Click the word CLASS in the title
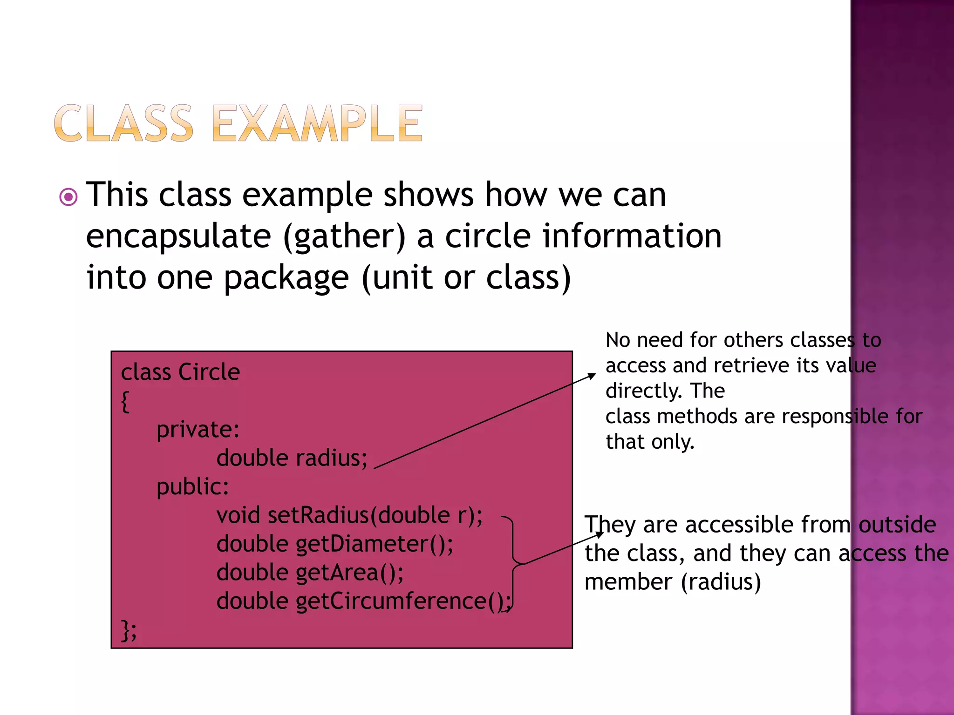click(x=123, y=123)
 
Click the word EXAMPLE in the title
click(x=318, y=123)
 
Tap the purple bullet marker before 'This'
click(x=68, y=197)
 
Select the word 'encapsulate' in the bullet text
click(x=178, y=236)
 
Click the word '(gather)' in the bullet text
click(x=345, y=236)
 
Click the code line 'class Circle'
click(x=180, y=372)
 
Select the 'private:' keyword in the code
click(x=198, y=429)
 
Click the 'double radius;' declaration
click(x=292, y=458)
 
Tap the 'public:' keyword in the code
click(x=193, y=487)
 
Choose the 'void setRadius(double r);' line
click(x=349, y=516)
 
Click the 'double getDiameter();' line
click(x=334, y=544)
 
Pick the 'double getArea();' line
click(x=310, y=573)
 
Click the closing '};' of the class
click(x=129, y=630)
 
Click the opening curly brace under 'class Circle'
click(x=125, y=401)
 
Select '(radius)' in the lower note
click(x=721, y=582)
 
